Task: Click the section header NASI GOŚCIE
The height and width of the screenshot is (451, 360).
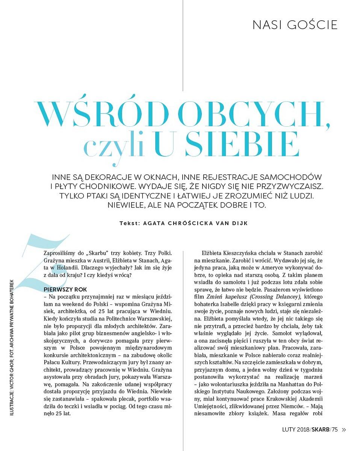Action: point(295,25)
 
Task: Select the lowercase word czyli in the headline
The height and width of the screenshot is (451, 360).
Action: point(113,147)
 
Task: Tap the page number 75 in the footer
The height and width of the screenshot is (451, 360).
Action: point(335,429)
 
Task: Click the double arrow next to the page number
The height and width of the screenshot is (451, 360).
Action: point(344,429)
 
